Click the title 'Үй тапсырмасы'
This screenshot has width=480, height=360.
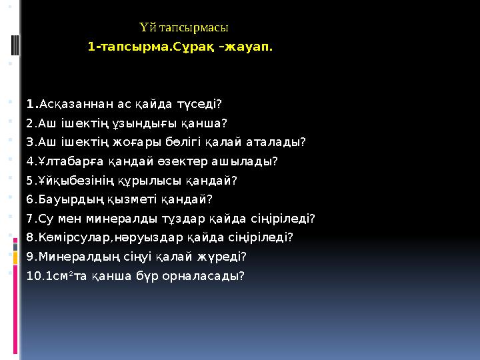coord(185,28)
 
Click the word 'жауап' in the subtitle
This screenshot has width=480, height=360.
coord(252,48)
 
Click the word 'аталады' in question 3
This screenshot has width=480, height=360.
coord(281,142)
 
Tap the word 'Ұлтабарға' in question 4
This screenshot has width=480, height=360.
coord(64,161)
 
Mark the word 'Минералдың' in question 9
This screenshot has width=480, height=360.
coord(69,256)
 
